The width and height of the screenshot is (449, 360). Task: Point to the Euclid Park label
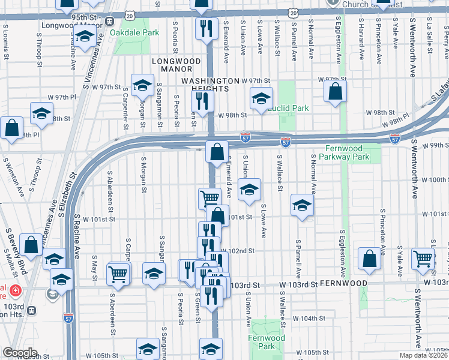288,108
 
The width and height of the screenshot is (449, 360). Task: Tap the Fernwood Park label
266,343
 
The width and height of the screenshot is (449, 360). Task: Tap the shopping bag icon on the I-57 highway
217,152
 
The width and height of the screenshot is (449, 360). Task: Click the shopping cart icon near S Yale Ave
423,258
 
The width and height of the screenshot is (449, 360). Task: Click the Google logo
20,353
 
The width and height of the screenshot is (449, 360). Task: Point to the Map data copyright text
424,355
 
